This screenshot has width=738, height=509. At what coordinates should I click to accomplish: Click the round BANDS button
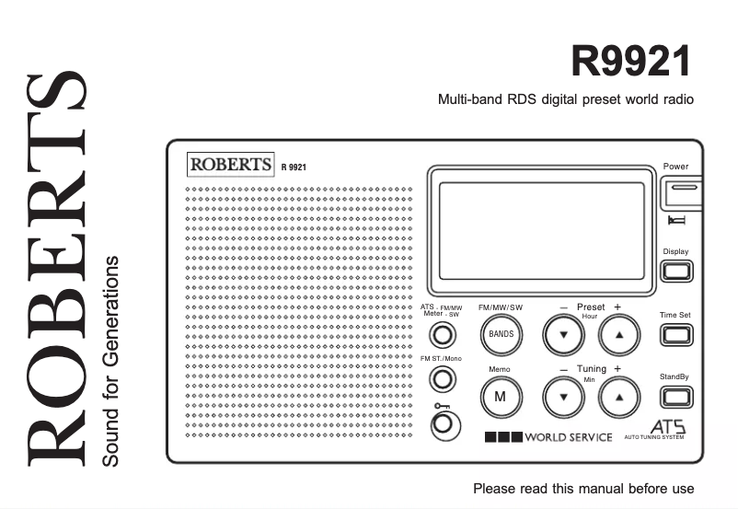[502, 334]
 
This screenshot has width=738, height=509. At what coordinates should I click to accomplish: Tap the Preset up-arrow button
[619, 334]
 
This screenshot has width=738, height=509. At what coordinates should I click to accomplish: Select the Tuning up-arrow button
[619, 396]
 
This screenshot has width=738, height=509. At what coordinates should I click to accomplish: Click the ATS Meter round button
[444, 335]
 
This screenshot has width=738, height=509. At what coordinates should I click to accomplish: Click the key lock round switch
[444, 423]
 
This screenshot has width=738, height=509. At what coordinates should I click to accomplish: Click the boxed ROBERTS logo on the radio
[231, 164]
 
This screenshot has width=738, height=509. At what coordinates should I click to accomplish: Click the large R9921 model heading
[630, 64]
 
